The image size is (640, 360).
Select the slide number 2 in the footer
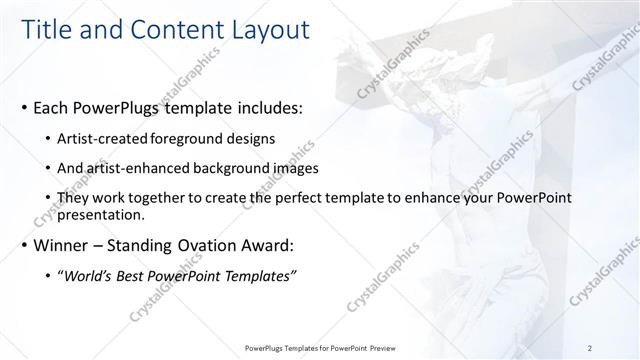590,348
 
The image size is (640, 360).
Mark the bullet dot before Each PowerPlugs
24,106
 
